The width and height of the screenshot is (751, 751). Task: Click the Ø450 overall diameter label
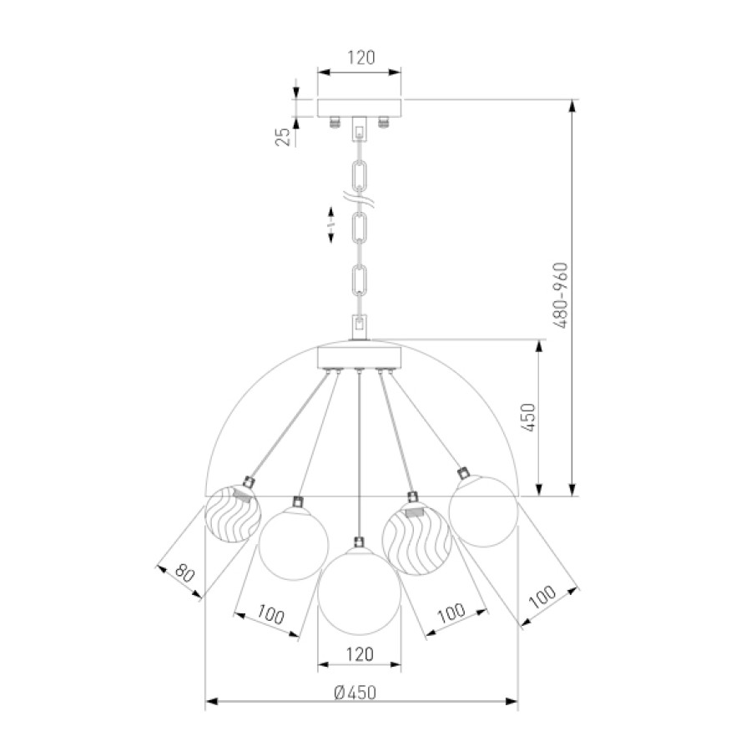click(355, 692)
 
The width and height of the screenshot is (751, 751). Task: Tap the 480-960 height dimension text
click(560, 295)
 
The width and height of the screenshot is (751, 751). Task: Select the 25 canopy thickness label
click(283, 137)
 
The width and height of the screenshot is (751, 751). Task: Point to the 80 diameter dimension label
click(184, 572)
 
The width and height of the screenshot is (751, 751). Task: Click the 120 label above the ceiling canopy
click(360, 58)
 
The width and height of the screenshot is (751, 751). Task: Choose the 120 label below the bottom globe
click(360, 654)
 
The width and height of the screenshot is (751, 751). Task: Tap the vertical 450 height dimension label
click(527, 418)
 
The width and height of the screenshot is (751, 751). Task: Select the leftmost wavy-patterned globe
click(233, 514)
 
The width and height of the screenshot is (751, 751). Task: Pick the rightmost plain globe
click(483, 511)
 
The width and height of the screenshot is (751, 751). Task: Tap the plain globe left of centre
click(294, 543)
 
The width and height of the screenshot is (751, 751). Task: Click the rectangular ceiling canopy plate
click(360, 108)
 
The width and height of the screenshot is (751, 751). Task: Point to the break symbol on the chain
click(359, 198)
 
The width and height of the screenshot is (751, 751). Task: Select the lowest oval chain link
click(360, 280)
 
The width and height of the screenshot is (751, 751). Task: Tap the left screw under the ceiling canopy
click(335, 122)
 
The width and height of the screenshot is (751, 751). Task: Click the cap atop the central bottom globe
click(359, 542)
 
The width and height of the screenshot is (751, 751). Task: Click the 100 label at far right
click(542, 597)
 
